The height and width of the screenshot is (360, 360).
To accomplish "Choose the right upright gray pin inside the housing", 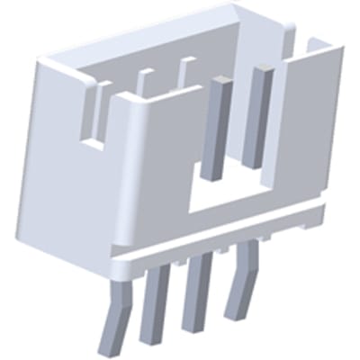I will click(259, 117).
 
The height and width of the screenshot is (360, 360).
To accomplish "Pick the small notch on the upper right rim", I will click(315, 44).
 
